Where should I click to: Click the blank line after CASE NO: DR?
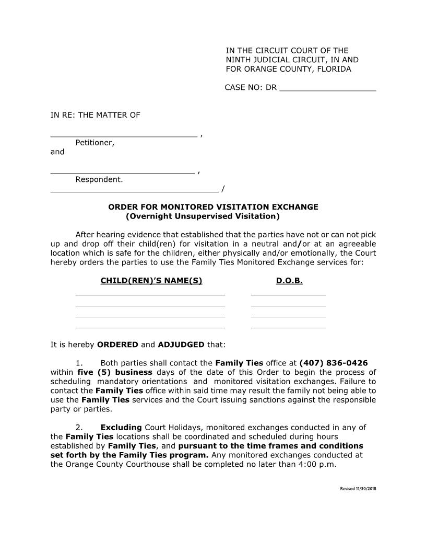[328, 90]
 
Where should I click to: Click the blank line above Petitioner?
[124, 135]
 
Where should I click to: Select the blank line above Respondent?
[122, 172]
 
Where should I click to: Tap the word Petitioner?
[94, 143]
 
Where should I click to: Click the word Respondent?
[99, 180]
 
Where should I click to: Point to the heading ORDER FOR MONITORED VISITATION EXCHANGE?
[213, 207]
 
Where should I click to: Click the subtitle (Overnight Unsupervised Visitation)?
[203, 216]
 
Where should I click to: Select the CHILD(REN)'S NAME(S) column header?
[151, 281]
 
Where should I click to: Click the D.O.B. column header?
[289, 281]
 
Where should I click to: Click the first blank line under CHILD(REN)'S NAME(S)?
[150, 294]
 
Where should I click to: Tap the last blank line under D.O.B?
[288, 327]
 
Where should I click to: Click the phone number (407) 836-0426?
[333, 363]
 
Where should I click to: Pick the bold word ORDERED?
[117, 345]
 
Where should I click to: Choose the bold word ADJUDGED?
[181, 345]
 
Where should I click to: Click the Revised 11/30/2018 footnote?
[358, 489]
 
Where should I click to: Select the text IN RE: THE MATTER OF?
[95, 115]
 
